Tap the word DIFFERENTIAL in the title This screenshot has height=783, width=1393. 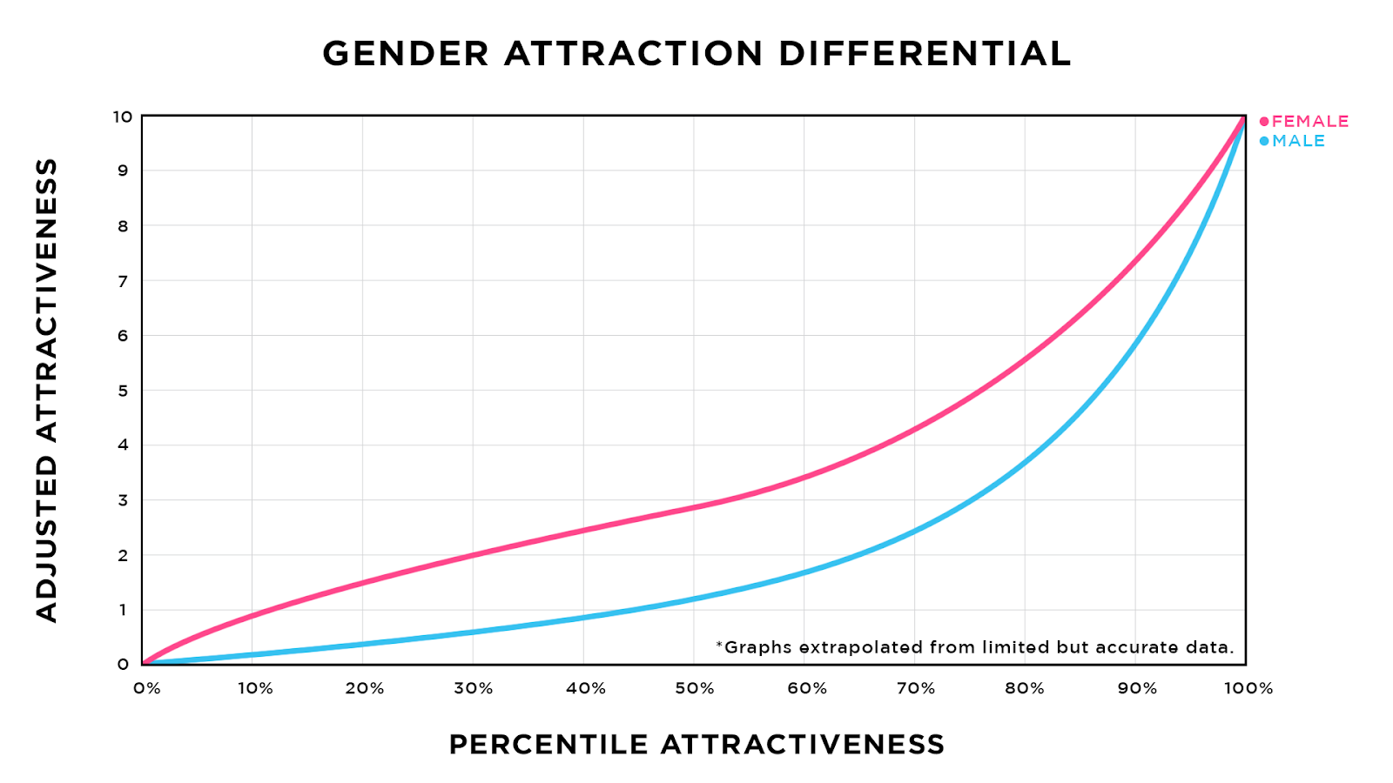tap(924, 54)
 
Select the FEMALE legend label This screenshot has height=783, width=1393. tap(1310, 122)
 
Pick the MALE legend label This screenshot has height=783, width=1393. tap(1298, 141)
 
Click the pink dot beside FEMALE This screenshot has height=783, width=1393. tap(1264, 122)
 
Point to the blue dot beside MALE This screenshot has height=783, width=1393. tap(1264, 141)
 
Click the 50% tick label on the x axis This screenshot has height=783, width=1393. tap(695, 689)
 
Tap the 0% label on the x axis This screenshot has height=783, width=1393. tap(147, 689)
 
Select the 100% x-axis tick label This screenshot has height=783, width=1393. tap(1248, 689)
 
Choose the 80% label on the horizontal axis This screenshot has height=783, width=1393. tap(1025, 689)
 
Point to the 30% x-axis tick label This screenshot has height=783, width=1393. tap(474, 689)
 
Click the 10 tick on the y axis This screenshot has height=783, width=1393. tap(122, 117)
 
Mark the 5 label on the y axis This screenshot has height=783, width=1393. tap(124, 391)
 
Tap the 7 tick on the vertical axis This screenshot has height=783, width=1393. tap(124, 281)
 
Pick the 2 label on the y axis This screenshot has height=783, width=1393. tap(124, 555)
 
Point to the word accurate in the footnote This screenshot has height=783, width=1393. tap(1132, 647)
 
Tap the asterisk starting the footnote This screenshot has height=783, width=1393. tap(719, 645)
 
